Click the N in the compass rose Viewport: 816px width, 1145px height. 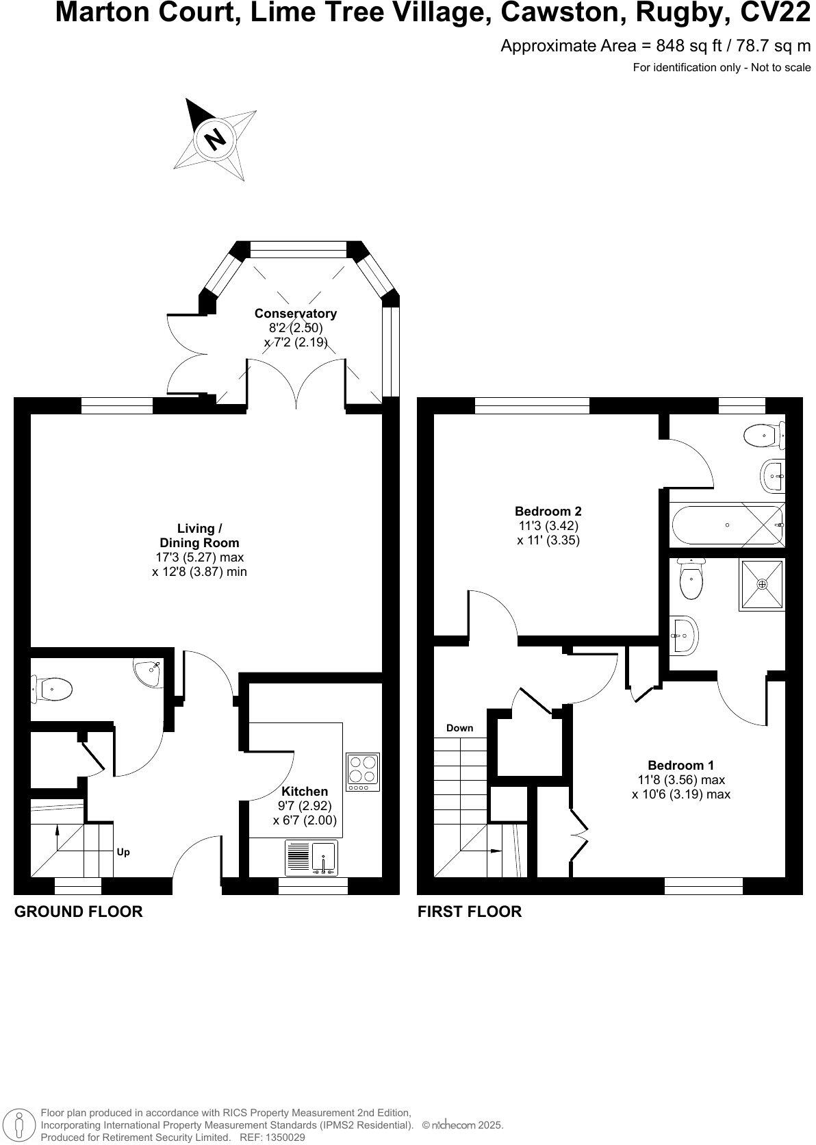click(x=216, y=140)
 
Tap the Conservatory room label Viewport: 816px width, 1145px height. click(x=296, y=313)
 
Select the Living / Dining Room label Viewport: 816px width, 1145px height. click(x=199, y=536)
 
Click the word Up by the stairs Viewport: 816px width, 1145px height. click(x=123, y=852)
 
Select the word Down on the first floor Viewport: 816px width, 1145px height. click(x=459, y=728)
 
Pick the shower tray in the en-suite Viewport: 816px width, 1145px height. click(x=761, y=583)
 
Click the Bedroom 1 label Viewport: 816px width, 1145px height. click(x=680, y=765)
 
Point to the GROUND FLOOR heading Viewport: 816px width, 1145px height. click(x=79, y=911)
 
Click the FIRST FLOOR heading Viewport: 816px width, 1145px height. click(x=470, y=911)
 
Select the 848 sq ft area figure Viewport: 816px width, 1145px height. click(x=682, y=46)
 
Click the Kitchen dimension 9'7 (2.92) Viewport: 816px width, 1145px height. click(x=305, y=805)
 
